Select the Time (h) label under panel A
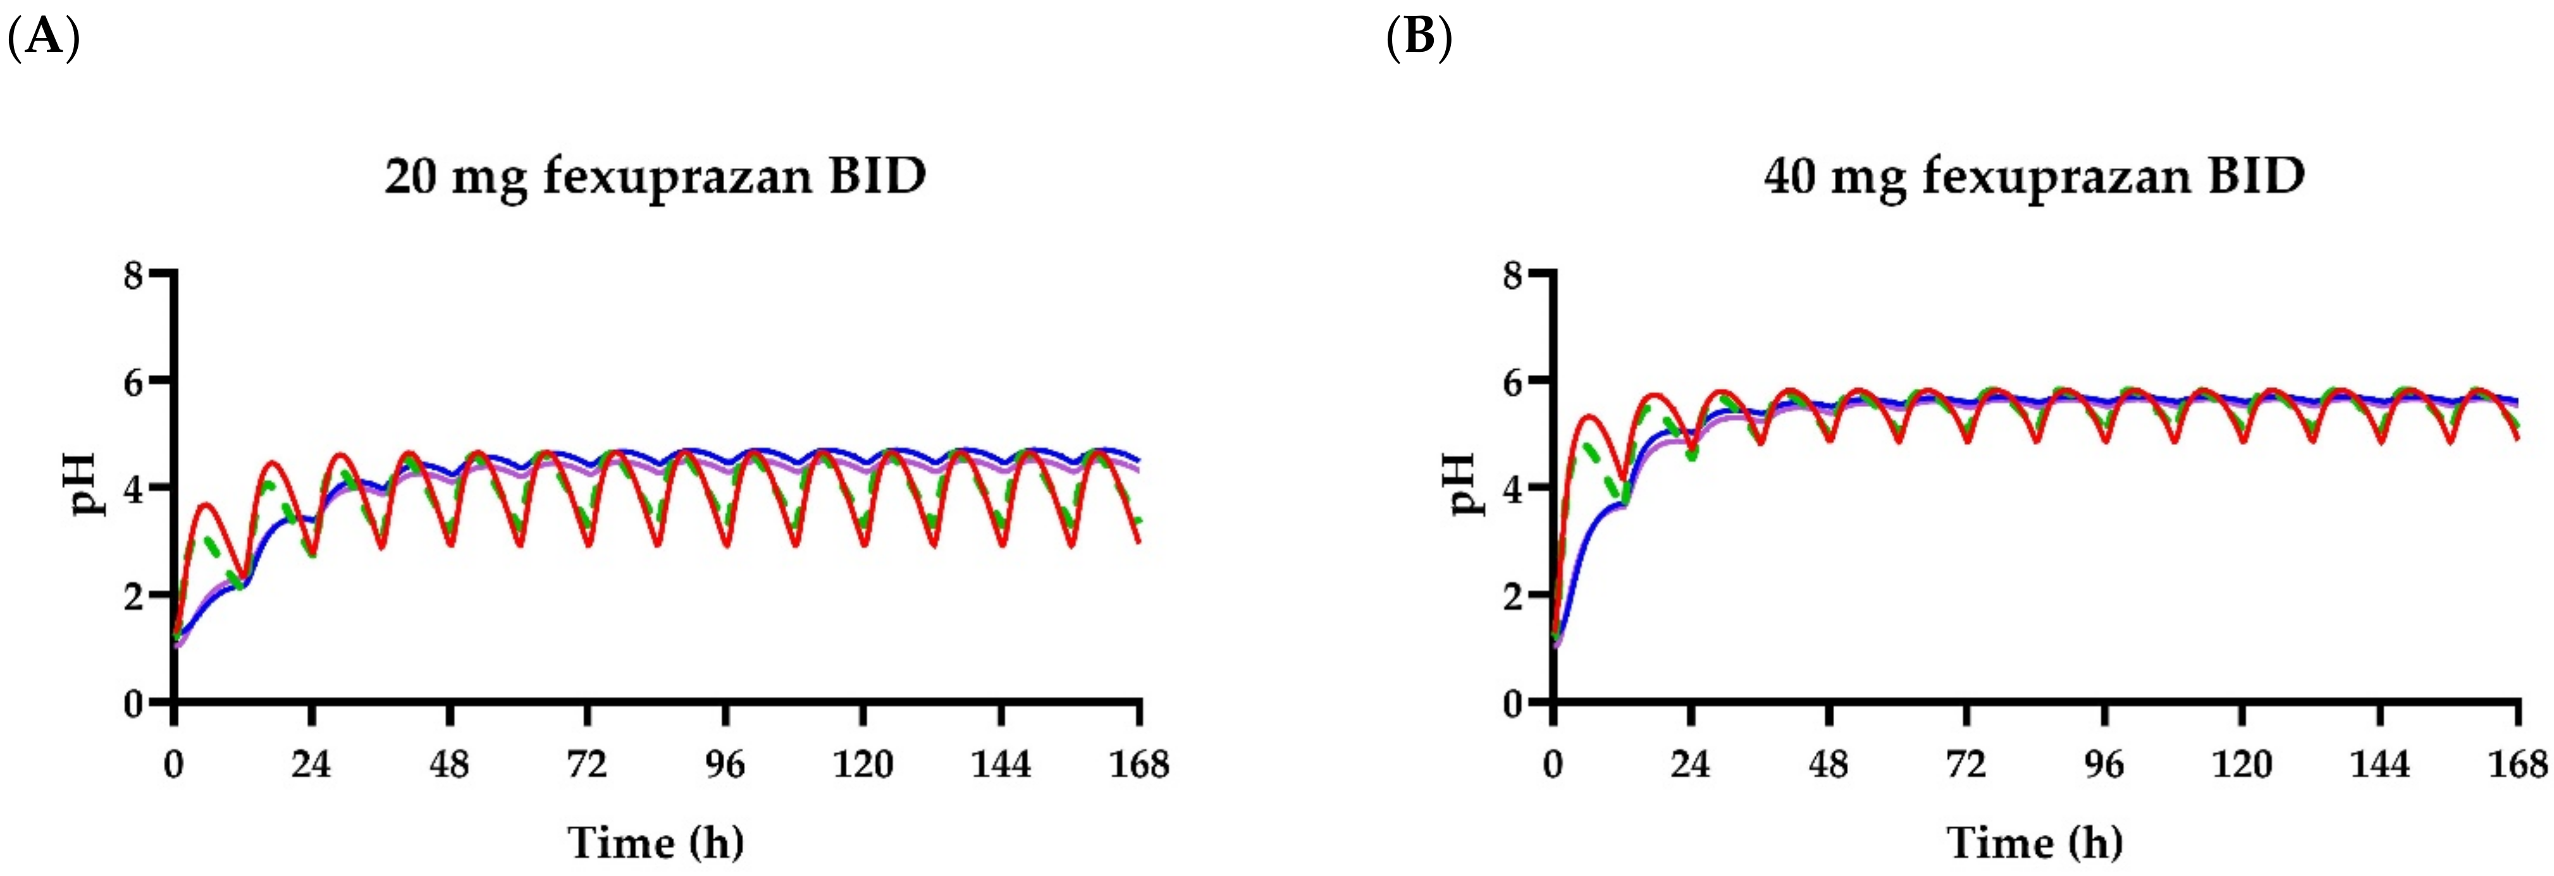point(655,843)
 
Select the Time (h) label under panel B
point(2035,843)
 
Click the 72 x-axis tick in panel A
point(587,764)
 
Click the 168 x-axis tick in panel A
point(1139,764)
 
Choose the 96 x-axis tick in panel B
point(2104,764)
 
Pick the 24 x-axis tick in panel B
point(1691,764)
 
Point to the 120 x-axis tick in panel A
point(863,764)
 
